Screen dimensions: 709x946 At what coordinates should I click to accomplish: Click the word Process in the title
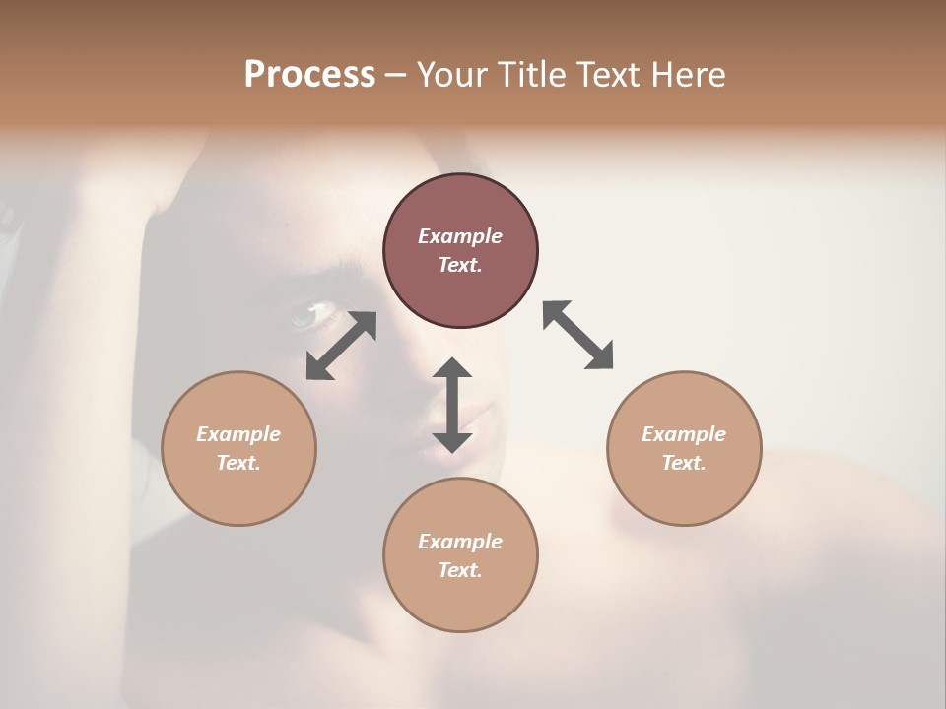(x=309, y=75)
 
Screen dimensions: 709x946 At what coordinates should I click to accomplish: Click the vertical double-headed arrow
(x=452, y=405)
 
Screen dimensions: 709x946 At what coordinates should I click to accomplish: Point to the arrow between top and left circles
(x=341, y=346)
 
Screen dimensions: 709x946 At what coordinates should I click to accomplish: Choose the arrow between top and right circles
(x=578, y=335)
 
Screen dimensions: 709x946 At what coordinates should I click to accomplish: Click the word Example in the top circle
(x=460, y=236)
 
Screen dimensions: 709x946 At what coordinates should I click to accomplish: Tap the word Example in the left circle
(x=238, y=434)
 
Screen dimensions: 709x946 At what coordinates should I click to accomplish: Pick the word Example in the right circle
(x=684, y=434)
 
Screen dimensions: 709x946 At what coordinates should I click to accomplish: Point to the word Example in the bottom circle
(x=460, y=542)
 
